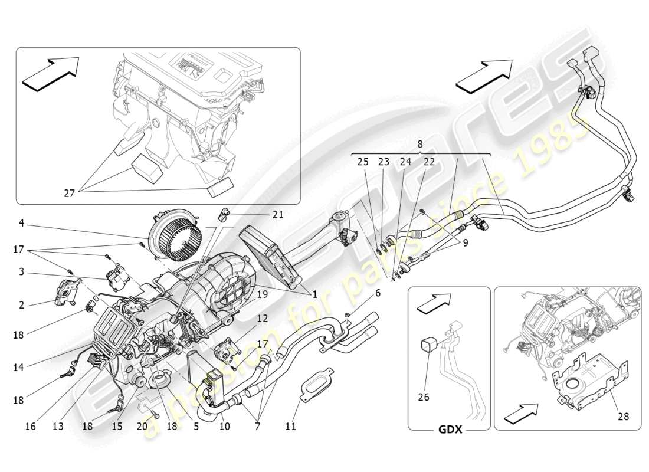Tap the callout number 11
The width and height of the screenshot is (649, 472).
291,426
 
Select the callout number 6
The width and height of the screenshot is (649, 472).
378,292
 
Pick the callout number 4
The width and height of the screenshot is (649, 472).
21,223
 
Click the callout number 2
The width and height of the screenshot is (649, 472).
21,304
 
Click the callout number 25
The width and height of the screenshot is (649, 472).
363,160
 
